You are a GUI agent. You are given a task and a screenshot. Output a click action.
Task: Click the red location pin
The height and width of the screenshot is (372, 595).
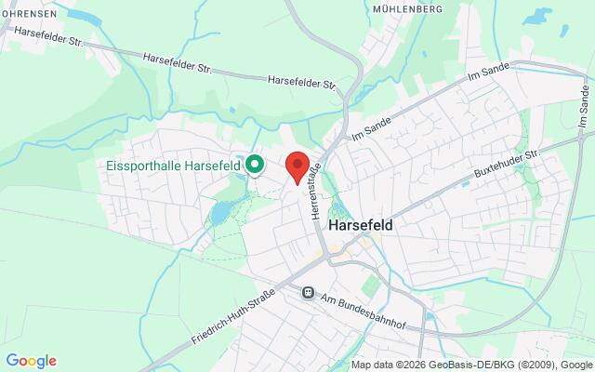click(297, 166)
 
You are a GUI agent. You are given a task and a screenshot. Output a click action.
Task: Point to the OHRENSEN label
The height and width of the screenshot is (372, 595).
click(27, 14)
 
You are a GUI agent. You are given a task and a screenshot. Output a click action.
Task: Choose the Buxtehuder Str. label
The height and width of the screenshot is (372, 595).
click(507, 163)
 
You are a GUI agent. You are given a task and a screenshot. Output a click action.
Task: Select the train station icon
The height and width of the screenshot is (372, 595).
click(307, 292)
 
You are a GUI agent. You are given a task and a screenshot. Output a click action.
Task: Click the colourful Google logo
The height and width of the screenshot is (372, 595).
click(31, 361)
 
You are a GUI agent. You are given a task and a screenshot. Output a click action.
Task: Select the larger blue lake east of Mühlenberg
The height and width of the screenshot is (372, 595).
click(537, 16)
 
